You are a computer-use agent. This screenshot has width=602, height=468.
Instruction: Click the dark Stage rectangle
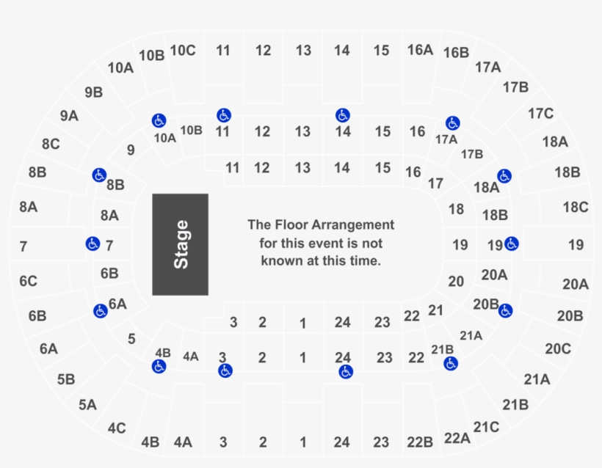coord(181,244)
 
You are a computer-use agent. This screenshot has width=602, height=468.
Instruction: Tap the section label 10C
coord(183,51)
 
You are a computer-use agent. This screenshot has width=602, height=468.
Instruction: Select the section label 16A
coord(420,50)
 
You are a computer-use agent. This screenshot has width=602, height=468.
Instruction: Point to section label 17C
coord(540,114)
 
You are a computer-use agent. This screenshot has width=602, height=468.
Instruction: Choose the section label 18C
coord(576,207)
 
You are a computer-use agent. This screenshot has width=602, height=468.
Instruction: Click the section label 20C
coord(558,348)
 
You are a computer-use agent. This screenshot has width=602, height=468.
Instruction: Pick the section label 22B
coord(420,442)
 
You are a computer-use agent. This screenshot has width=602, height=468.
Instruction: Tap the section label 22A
coord(457,438)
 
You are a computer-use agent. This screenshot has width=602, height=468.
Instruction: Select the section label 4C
coord(117,428)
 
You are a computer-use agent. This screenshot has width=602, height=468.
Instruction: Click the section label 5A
coord(87,405)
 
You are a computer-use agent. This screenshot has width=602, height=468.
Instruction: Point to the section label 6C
coord(28,281)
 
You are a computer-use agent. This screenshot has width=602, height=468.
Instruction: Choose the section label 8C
coord(51,145)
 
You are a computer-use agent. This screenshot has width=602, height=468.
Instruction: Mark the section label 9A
coord(69,116)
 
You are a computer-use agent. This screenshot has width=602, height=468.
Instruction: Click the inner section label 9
coord(131,150)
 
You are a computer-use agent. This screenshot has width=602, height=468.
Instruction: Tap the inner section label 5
coord(131,339)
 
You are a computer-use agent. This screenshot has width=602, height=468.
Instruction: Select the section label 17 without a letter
coord(435,183)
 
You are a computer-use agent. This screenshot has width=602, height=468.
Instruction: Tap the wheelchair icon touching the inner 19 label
coord(512,244)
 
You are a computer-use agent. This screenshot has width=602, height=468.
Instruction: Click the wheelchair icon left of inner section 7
coord(93,244)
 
